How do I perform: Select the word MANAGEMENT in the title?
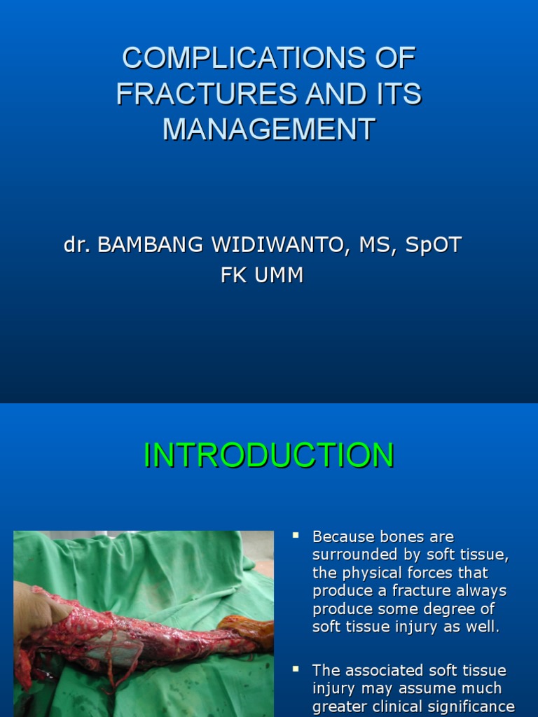tap(269, 130)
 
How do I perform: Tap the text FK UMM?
tap(262, 275)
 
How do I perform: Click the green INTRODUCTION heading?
tap(268, 455)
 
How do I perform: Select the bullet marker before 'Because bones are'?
tap(296, 536)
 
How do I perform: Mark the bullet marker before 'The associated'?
tap(296, 669)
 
